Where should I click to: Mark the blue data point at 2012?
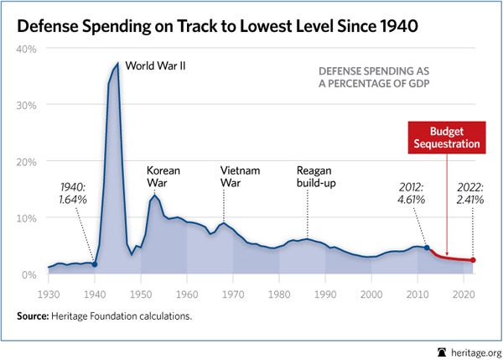point(426,248)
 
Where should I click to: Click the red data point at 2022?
point(472,260)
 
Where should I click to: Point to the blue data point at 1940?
point(94,264)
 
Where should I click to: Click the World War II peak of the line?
point(117,64)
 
